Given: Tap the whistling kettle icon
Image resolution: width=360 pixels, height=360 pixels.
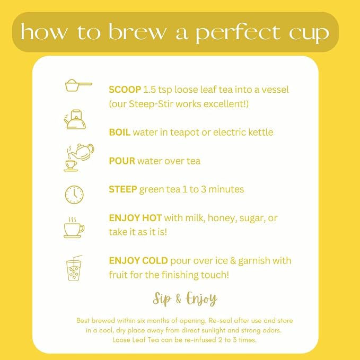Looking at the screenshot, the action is (75, 119).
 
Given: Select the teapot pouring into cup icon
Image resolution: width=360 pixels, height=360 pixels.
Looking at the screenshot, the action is (79, 157).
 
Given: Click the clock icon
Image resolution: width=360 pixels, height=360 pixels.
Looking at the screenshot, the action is (74, 195).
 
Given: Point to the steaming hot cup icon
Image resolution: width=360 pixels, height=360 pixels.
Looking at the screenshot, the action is (74, 227).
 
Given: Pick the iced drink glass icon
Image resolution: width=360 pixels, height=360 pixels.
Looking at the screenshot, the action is (74, 268).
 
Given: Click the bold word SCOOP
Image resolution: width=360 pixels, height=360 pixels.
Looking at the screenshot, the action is (125, 90).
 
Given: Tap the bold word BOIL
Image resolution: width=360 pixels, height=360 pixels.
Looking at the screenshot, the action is (119, 132).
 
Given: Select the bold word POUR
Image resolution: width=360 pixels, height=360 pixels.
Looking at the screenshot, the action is (122, 161).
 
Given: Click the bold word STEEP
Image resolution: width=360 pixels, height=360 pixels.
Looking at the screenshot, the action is (123, 189).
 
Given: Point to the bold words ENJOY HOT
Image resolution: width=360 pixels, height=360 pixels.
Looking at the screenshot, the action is (135, 218).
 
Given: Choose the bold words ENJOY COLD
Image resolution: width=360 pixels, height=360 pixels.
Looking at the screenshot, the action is (138, 260).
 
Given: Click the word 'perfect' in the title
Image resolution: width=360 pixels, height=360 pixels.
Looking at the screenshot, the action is (238, 33).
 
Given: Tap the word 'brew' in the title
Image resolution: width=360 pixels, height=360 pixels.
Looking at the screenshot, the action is (137, 32).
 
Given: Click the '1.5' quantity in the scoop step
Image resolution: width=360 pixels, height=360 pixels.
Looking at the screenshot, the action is (149, 90).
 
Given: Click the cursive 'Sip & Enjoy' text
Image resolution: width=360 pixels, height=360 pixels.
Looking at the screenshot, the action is (185, 299).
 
